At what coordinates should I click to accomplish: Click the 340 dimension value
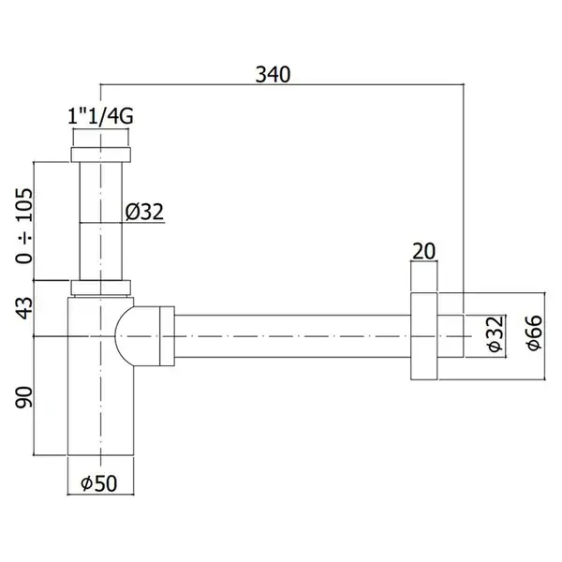click(x=273, y=75)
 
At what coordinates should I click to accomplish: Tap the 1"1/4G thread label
click(x=100, y=116)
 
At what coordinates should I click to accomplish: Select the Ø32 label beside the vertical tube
click(x=144, y=212)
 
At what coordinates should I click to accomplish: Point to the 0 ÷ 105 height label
click(x=24, y=226)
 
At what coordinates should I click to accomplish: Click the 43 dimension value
click(x=24, y=308)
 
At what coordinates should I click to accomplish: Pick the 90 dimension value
click(x=23, y=397)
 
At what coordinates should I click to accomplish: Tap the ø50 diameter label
click(x=99, y=483)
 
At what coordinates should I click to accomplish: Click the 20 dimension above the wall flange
click(x=423, y=251)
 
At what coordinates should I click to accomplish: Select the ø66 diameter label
click(x=535, y=333)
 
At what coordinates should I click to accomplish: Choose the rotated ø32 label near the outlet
click(x=495, y=334)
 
